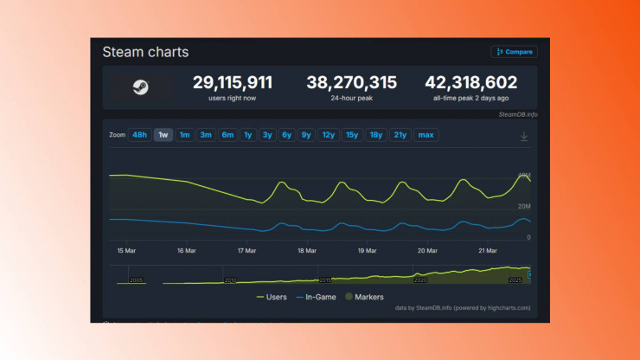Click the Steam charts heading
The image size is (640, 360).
click(145, 52)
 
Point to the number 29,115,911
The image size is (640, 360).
click(232, 83)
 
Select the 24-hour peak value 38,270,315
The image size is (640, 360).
click(351, 83)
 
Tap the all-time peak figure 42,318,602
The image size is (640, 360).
click(470, 83)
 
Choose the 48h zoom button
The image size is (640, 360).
click(139, 135)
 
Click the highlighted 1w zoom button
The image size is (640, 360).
click(163, 135)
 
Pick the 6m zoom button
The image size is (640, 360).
click(227, 135)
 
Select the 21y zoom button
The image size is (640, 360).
click(400, 135)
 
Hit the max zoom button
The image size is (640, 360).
click(426, 135)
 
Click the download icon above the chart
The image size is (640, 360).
click(523, 136)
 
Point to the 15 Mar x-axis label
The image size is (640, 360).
click(126, 251)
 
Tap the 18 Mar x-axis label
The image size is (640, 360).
click(306, 251)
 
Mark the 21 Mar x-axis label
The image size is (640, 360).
click(487, 251)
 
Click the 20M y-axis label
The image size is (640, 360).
click(524, 206)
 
